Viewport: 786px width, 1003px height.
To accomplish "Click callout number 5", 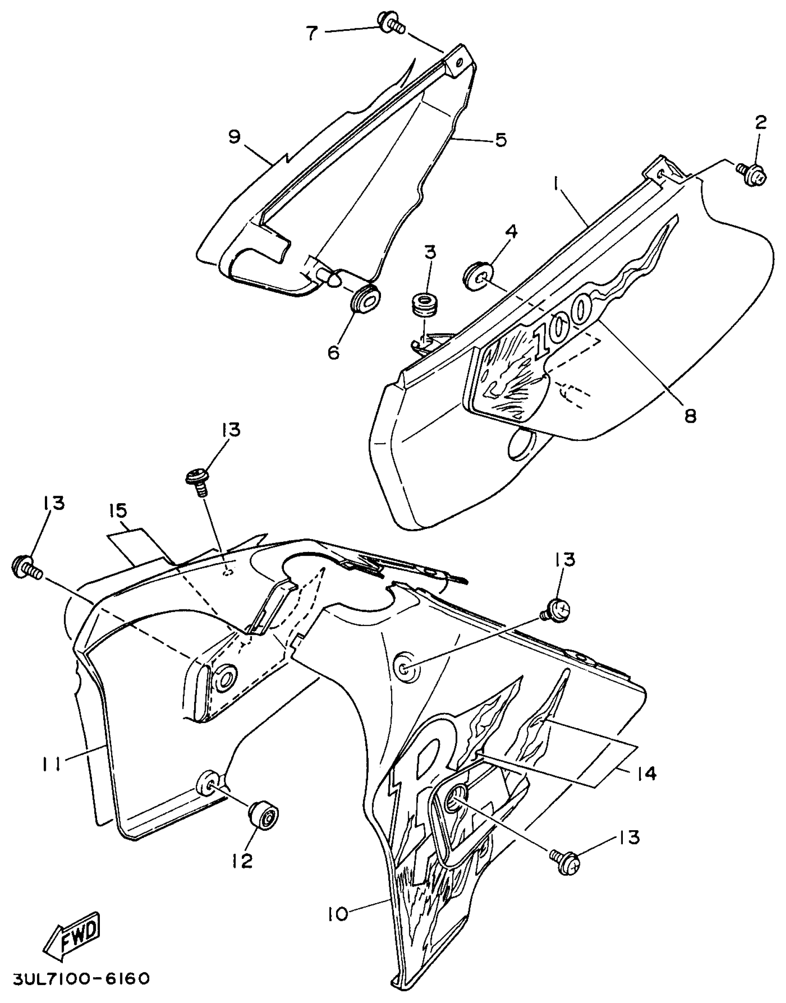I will click(500, 139).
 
